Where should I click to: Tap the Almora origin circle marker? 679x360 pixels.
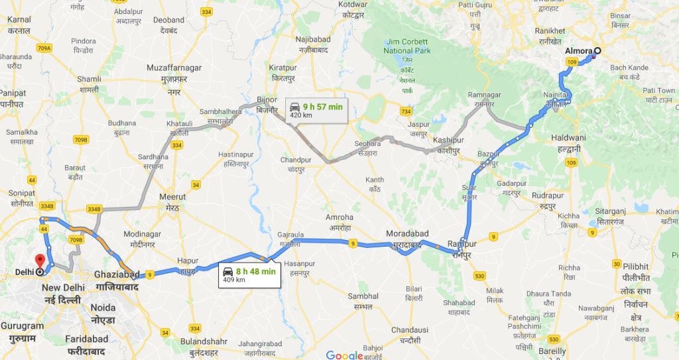tap(596, 51)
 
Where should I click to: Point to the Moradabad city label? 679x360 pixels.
tap(408, 234)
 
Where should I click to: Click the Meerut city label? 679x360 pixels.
tap(173, 197)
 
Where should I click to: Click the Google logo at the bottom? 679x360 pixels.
tap(345, 354)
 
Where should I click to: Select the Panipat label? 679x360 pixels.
tap(13, 93)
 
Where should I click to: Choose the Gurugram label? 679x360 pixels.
tap(22, 326)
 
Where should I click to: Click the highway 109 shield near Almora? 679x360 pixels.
tap(572, 62)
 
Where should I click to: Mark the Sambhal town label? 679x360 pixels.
tap(365, 296)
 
